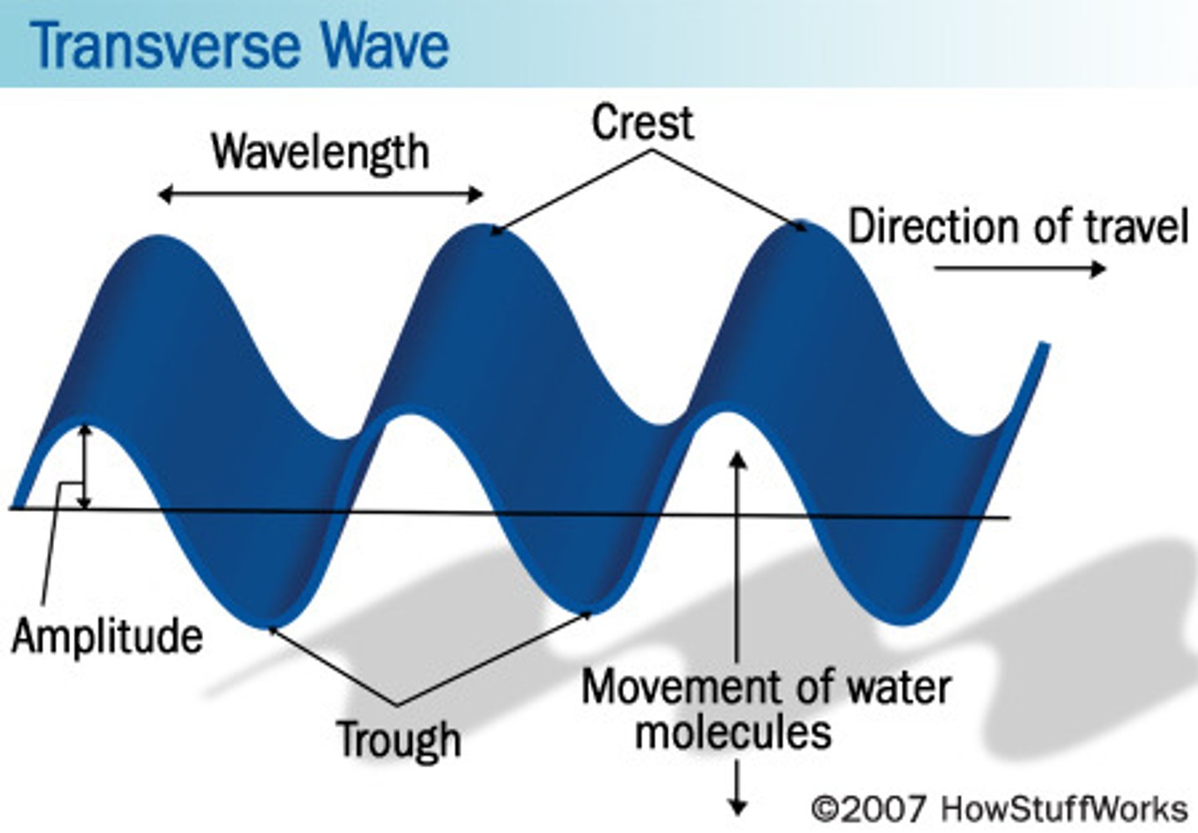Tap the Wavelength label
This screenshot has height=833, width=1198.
pyautogui.click(x=320, y=152)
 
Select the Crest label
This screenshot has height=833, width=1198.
pyautogui.click(x=642, y=123)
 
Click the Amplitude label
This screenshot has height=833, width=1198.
pyautogui.click(x=107, y=637)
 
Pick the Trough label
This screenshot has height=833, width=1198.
pyautogui.click(x=399, y=739)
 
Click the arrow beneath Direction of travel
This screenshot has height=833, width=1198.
pyautogui.click(x=1020, y=268)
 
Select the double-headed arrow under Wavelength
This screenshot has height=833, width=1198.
pyautogui.click(x=320, y=195)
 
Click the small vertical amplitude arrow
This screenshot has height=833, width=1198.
pyautogui.click(x=84, y=466)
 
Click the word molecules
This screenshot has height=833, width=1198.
pyautogui.click(x=733, y=732)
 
